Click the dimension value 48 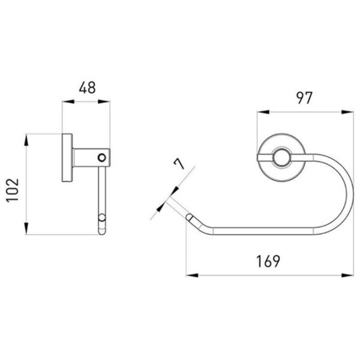(87, 88)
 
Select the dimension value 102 (13, 190)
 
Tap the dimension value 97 (304, 98)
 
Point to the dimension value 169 (268, 261)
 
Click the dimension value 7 (179, 164)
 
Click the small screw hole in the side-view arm (102, 158)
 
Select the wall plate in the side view (67, 157)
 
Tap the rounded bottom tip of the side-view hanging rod (102, 232)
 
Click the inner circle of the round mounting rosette (281, 157)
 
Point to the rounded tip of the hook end (189, 217)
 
